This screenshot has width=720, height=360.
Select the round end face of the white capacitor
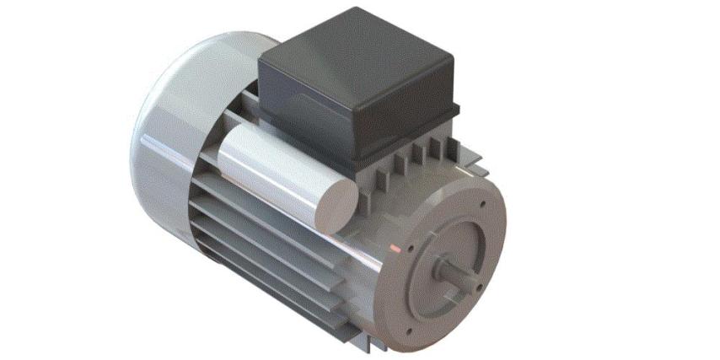(342, 203)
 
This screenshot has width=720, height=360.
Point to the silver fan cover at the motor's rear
(169, 135)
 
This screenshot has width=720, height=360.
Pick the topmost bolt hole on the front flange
(482, 204)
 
